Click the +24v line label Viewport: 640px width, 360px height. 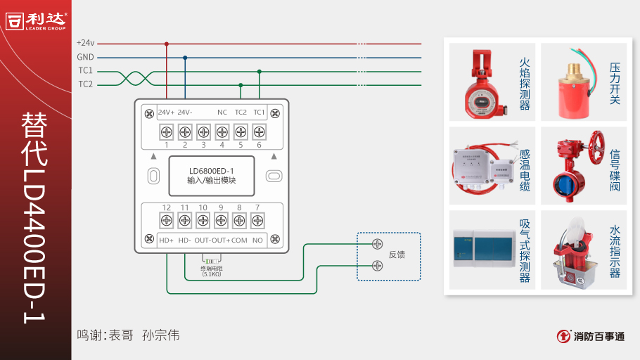pyautogui.click(x=85, y=43)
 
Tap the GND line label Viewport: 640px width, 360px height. pyautogui.click(x=85, y=57)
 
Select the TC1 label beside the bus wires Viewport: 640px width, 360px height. pyautogui.click(x=85, y=70)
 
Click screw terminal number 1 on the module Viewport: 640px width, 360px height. pyautogui.click(x=167, y=131)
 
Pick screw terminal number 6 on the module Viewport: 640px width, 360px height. pyautogui.click(x=259, y=131)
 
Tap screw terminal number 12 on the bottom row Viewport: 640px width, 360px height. pyautogui.click(x=167, y=221)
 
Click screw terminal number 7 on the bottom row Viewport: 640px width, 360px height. pyautogui.click(x=258, y=221)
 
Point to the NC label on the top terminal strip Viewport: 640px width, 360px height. pyautogui.click(x=222, y=112)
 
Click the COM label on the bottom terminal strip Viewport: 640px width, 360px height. pyautogui.click(x=239, y=240)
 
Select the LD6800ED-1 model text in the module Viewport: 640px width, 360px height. pyautogui.click(x=211, y=170)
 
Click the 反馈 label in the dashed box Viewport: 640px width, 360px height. pyautogui.click(x=397, y=255)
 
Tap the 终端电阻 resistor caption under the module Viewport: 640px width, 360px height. pyautogui.click(x=211, y=269)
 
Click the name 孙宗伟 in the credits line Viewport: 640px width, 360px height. pyautogui.click(x=160, y=335)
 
